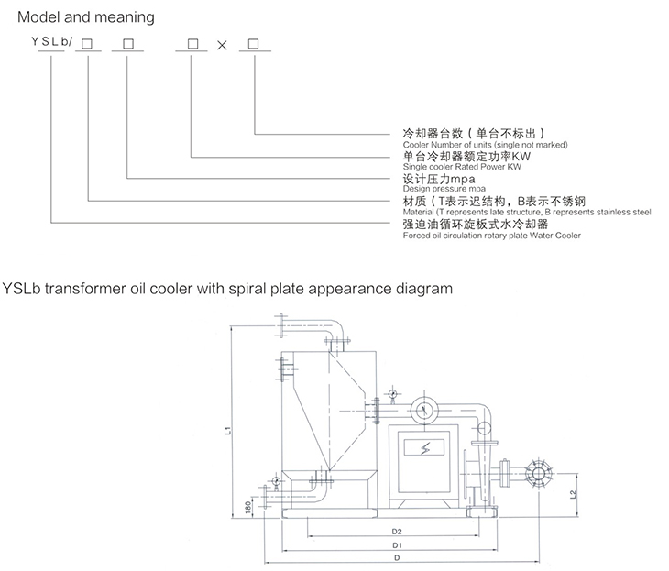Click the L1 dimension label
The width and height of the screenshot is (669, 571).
click(228, 430)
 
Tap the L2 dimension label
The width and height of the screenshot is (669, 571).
click(573, 495)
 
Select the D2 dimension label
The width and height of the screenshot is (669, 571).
click(397, 532)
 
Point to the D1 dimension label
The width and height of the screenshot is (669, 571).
click(397, 545)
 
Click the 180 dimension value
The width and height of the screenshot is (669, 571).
click(247, 507)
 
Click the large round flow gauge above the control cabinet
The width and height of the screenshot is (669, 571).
click(424, 410)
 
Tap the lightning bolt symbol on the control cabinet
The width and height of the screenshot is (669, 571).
click(424, 447)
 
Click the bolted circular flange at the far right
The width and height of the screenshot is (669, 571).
click(538, 474)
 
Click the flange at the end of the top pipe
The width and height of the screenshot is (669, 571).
click(280, 326)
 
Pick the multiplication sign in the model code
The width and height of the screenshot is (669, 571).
click(222, 45)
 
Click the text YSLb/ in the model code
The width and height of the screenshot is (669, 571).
click(52, 41)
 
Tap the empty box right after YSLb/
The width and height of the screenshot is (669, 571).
click(87, 44)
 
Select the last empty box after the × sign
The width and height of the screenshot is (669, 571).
click(254, 44)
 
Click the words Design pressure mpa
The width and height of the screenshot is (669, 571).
click(444, 189)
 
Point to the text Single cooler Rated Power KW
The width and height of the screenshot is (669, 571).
click(462, 167)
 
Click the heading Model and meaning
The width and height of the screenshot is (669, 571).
click(86, 17)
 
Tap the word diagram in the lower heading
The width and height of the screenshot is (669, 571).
click(424, 289)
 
